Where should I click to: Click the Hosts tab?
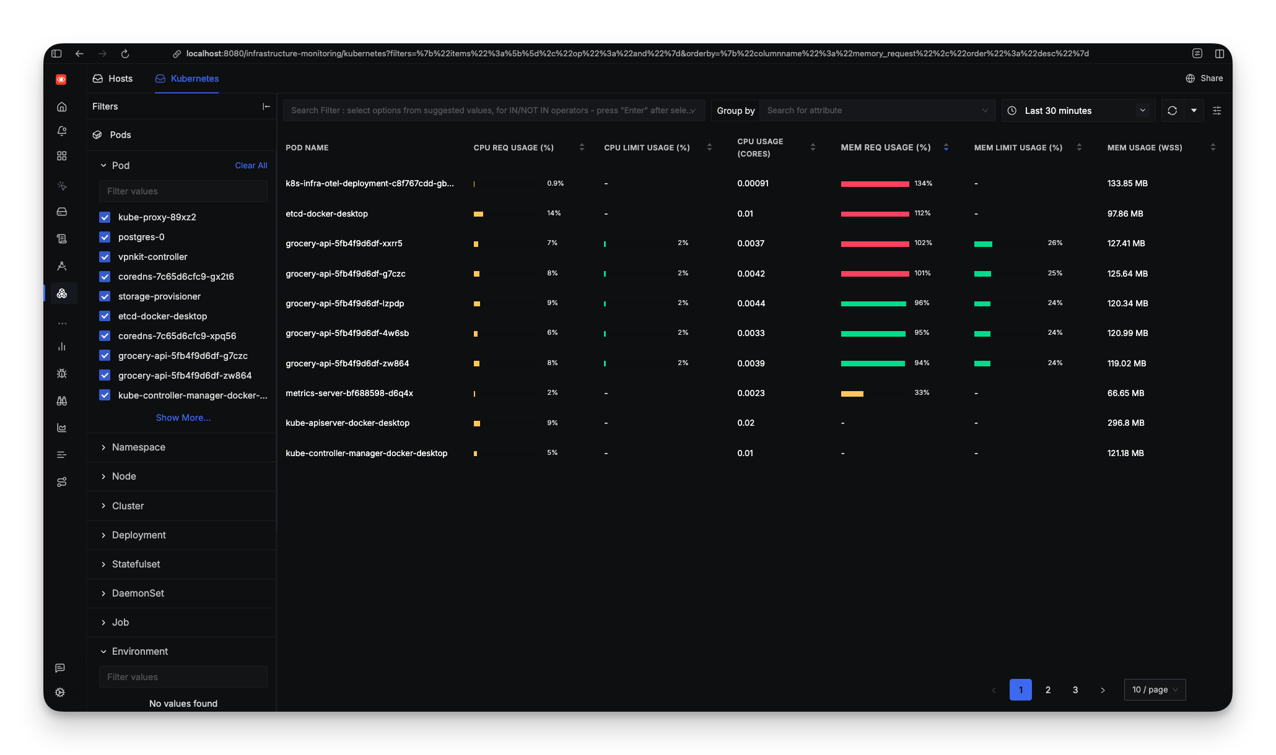[x=113, y=79]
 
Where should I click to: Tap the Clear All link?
[x=251, y=165]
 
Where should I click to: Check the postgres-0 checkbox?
[x=105, y=237]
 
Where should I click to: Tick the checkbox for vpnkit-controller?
[x=105, y=257]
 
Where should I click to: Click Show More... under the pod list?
[x=183, y=418]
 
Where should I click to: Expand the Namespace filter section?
[x=138, y=447]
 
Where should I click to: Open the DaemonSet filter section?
[x=138, y=593]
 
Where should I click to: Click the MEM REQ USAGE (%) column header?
[x=885, y=147]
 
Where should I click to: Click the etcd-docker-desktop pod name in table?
[x=326, y=214]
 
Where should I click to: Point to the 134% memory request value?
[x=923, y=184]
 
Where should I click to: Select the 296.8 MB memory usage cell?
[x=1125, y=423]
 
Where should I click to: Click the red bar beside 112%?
[x=875, y=214]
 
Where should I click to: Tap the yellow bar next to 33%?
[x=852, y=394]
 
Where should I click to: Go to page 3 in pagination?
[x=1075, y=689]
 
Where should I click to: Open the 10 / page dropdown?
[x=1155, y=689]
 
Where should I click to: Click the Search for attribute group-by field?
[x=873, y=111]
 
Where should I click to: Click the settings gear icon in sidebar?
[x=60, y=692]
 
